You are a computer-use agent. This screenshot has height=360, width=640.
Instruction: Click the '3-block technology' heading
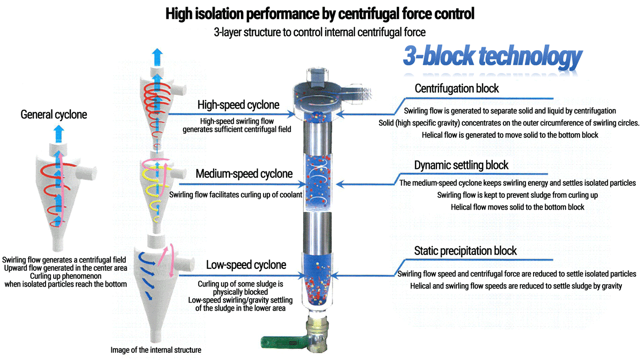492,57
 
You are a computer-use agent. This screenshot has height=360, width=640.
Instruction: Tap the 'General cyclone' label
54,115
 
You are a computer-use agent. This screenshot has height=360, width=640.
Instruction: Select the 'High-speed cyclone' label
238,105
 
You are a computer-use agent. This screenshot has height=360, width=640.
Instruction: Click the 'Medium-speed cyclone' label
244,174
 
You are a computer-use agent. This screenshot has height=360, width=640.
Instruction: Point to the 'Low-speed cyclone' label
246,265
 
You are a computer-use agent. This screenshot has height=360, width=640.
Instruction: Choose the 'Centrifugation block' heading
457,89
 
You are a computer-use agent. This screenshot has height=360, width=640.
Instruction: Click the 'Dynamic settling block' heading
461,166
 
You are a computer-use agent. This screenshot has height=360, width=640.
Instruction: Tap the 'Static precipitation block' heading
465,251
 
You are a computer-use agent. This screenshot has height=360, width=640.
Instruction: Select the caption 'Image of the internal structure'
156,350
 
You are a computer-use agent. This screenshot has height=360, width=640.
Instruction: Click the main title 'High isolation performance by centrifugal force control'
320,14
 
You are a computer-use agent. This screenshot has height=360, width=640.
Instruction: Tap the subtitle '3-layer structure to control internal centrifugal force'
320,33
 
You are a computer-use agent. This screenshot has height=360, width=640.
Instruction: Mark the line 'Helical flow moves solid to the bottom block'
518,207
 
